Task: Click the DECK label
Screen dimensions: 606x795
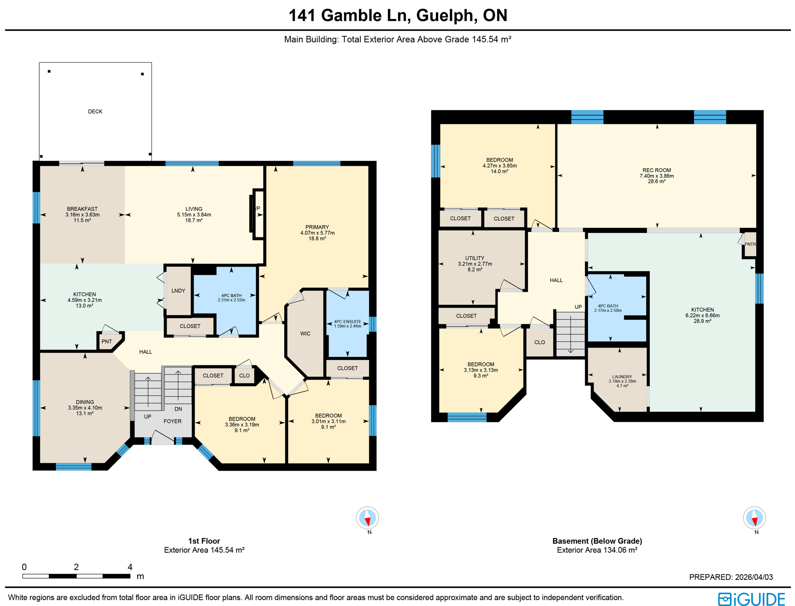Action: (x=95, y=112)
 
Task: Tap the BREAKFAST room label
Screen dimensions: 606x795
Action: (x=82, y=209)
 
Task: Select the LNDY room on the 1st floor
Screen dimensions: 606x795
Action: (x=178, y=291)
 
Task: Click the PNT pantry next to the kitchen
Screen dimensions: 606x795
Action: (x=107, y=342)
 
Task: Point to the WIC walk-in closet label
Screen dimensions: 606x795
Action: (x=305, y=334)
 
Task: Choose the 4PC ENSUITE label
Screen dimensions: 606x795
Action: (x=347, y=322)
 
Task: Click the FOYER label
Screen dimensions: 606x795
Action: (x=172, y=421)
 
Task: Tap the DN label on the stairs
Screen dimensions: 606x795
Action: (x=178, y=409)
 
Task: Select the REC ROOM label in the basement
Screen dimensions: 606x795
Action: (x=656, y=170)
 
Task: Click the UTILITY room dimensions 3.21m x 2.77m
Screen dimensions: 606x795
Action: (x=475, y=264)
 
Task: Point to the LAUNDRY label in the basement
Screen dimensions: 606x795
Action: (x=622, y=377)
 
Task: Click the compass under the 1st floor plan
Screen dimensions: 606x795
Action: (x=367, y=518)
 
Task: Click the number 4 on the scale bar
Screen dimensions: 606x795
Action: (x=130, y=567)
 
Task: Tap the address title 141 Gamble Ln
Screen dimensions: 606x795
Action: (x=397, y=15)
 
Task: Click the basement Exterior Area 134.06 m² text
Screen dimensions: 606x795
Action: (x=597, y=550)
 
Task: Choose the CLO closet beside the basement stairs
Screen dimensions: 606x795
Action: (x=540, y=342)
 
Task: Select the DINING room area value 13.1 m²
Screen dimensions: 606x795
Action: (x=85, y=413)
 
